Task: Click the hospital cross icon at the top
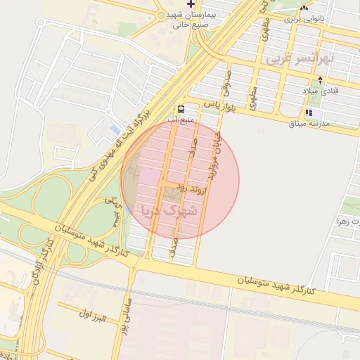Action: (190, 5)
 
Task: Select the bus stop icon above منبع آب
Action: (181, 109)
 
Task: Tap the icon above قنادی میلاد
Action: (321, 79)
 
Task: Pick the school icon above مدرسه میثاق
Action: (308, 112)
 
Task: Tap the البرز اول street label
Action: (92, 315)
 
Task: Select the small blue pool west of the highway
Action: (115, 130)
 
